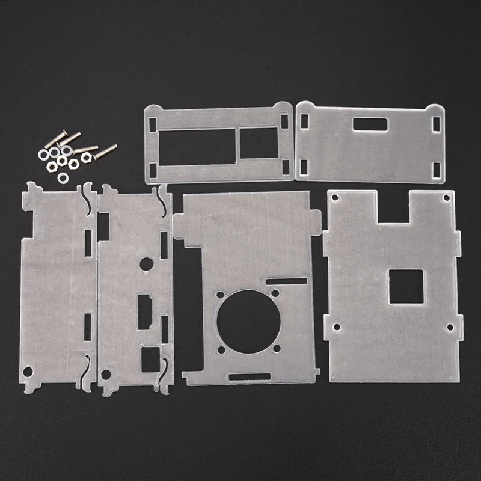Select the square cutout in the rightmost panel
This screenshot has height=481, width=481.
click(405, 286)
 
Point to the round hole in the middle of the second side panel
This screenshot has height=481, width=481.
click(145, 264)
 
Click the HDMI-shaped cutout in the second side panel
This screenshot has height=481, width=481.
click(144, 311)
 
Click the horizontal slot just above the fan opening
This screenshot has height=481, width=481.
click(286, 281)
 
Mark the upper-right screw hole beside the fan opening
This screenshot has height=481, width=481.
click(277, 294)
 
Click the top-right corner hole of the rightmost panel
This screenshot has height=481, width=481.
click(446, 198)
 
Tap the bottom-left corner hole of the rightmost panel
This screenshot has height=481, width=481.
click(336, 328)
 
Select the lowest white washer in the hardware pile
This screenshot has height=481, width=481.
click(63, 177)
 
